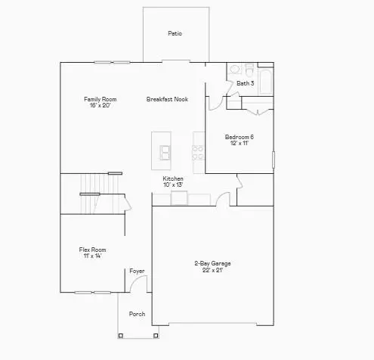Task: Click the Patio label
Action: click(175, 33)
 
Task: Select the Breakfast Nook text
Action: click(167, 99)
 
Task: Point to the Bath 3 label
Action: click(245, 83)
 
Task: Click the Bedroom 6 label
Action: click(239, 137)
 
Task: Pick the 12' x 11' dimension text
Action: click(239, 144)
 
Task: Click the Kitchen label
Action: click(173, 178)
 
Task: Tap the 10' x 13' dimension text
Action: click(173, 185)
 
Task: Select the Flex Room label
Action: click(92, 250)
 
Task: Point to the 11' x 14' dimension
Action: click(92, 256)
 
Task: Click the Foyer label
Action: click(137, 271)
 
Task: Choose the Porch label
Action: click(137, 313)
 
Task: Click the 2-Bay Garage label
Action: click(212, 263)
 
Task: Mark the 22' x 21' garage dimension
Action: click(212, 270)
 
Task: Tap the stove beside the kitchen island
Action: click(198, 149)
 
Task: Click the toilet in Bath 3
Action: click(233, 67)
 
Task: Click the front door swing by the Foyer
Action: click(138, 285)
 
